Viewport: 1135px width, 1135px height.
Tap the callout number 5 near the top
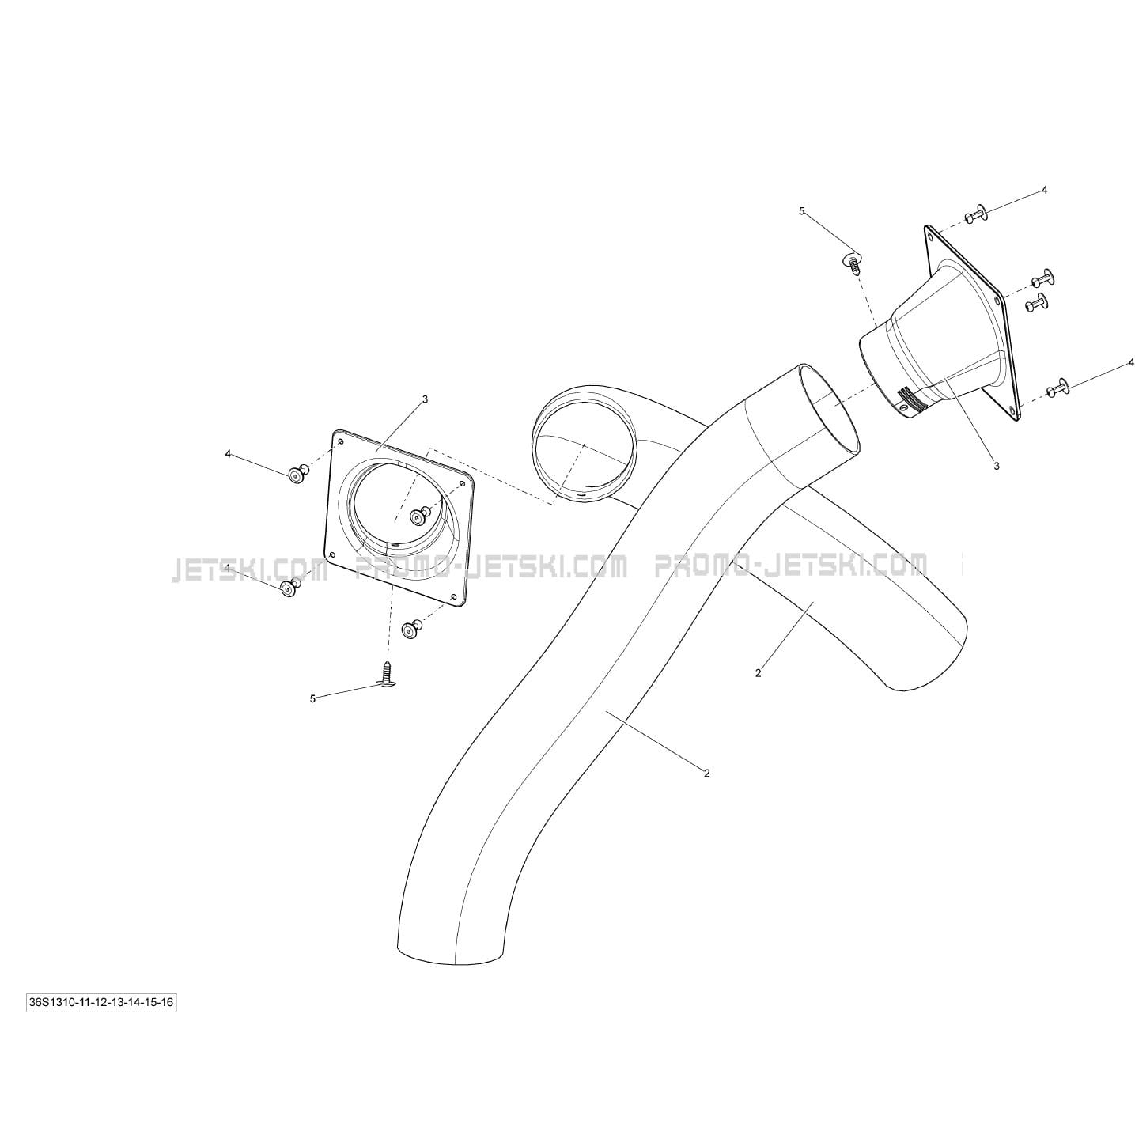click(x=802, y=211)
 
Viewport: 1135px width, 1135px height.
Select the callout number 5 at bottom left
click(x=312, y=698)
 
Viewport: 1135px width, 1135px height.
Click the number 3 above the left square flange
click(x=426, y=399)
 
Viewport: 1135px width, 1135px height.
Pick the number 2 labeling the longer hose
click(x=707, y=774)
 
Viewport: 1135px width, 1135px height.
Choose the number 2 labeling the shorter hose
click(x=758, y=672)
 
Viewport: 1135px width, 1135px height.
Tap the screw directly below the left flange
click(x=387, y=674)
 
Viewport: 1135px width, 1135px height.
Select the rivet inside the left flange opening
click(x=419, y=516)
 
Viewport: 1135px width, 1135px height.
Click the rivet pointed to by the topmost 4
click(x=976, y=214)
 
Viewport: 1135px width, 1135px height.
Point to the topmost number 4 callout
click(x=1044, y=190)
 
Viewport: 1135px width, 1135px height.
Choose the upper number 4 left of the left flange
click(x=228, y=453)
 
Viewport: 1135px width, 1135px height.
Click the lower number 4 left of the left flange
click(x=228, y=569)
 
